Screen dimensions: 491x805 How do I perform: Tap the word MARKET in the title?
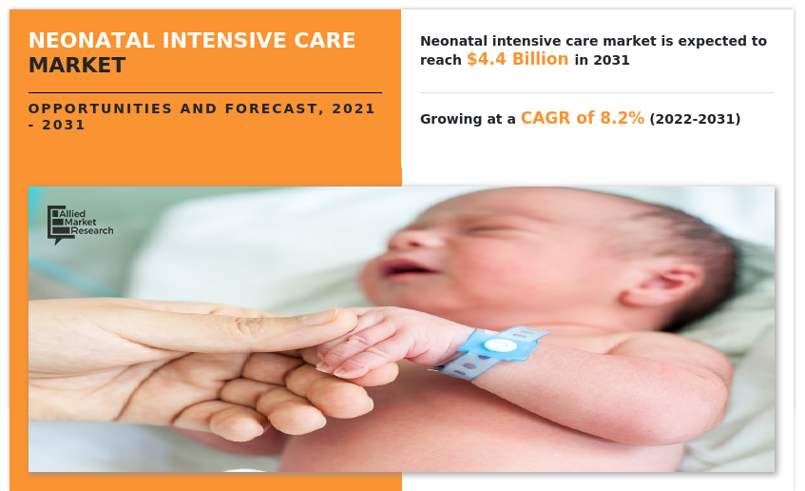click(x=77, y=66)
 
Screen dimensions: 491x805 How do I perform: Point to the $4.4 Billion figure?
click(x=517, y=60)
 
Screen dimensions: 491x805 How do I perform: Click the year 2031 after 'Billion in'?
click(x=612, y=61)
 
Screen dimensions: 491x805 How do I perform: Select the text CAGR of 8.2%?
click(x=582, y=119)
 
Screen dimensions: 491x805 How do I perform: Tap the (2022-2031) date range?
click(x=695, y=120)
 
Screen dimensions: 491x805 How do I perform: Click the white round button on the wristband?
click(x=500, y=345)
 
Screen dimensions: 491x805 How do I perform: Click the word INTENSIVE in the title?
click(x=220, y=41)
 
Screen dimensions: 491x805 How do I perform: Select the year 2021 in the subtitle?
click(x=354, y=108)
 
